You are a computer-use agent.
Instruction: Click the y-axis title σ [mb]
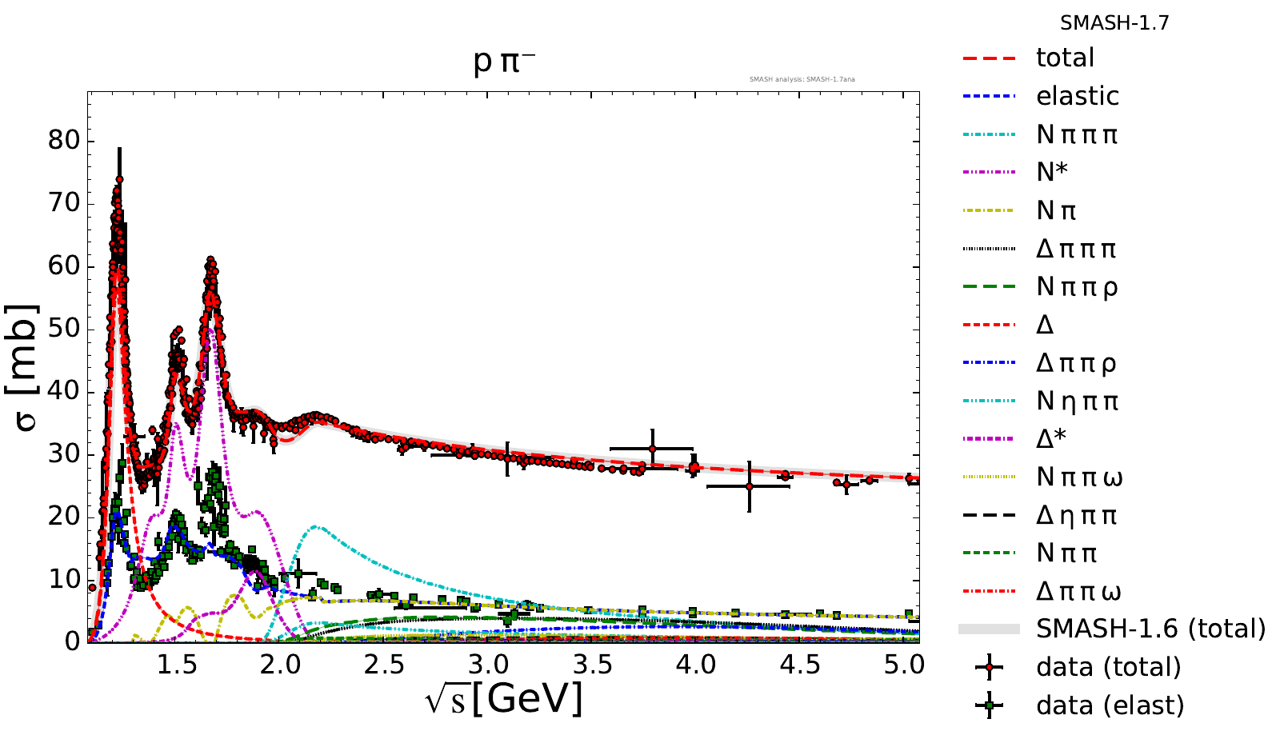coord(26,367)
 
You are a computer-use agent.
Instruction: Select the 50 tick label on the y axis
coord(64,329)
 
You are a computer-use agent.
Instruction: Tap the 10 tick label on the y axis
coord(64,579)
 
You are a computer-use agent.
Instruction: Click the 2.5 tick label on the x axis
coord(384,665)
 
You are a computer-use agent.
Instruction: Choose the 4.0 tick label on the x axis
coord(696,665)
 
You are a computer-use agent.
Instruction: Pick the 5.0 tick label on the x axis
coord(904,665)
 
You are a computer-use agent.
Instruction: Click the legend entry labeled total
coord(1064,58)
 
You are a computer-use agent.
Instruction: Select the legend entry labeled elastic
coord(1077,96)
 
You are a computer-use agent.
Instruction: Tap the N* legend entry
coord(1051,172)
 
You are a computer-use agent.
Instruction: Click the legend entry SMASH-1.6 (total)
coord(1150,629)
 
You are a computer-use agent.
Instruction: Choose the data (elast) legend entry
coord(1109,705)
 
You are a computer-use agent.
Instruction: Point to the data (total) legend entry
coord(1108,667)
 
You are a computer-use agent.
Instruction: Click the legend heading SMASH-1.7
coord(1114,23)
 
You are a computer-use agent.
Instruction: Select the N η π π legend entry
coord(1077,401)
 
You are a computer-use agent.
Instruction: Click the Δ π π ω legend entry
coord(1078,592)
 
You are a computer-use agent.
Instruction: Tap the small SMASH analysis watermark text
coord(802,80)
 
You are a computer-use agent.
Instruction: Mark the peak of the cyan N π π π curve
coord(317,526)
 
